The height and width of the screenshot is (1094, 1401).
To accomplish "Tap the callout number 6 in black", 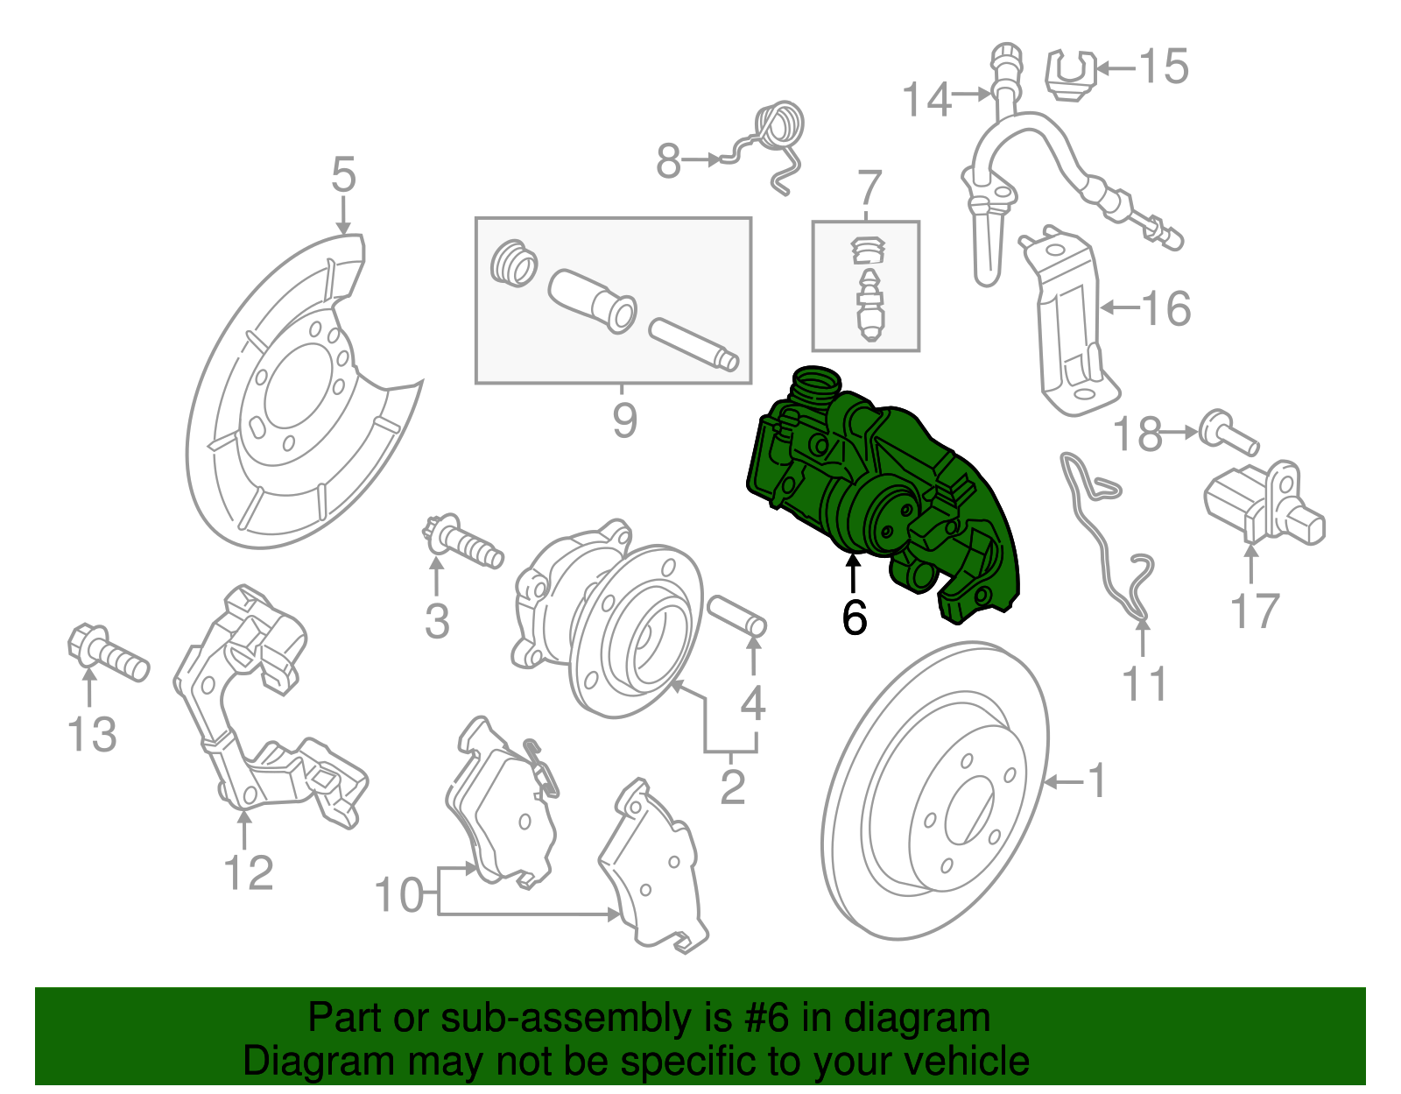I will (854, 618).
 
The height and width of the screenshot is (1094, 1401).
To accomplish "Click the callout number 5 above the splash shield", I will (343, 174).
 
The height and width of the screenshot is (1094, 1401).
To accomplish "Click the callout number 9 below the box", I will (623, 420).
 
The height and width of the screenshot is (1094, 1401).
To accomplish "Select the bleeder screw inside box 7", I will (869, 307).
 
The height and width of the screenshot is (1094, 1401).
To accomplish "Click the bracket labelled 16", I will (1068, 324).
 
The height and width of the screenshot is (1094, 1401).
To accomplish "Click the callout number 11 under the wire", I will (1144, 684).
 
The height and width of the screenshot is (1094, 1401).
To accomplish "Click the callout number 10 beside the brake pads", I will (398, 895).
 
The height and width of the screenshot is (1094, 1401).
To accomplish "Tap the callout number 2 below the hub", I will (732, 786).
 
